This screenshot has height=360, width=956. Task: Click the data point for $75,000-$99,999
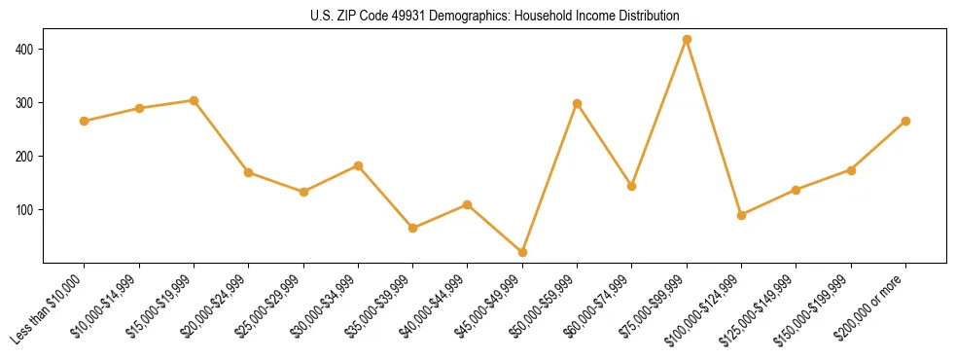tap(687, 40)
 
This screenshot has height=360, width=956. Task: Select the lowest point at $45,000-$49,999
tap(522, 252)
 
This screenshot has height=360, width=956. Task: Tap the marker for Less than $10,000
tap(85, 121)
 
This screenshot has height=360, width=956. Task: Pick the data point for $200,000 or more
tap(905, 121)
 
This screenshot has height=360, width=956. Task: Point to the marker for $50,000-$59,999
tap(578, 103)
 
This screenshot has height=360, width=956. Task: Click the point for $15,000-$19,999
tap(194, 100)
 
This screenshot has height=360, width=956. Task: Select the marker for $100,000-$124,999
tap(741, 215)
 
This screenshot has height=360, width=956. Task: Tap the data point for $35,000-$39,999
tap(413, 228)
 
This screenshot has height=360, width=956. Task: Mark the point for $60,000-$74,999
tap(632, 186)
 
